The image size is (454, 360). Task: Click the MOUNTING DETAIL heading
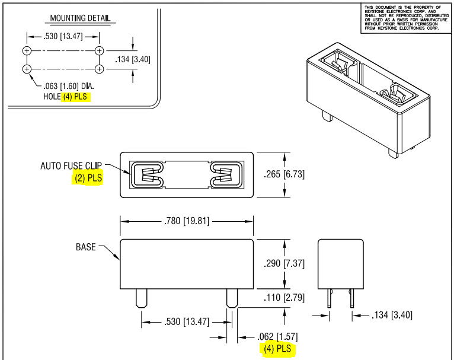80,18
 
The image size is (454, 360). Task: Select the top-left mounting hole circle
27,50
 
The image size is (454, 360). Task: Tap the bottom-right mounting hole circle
99,69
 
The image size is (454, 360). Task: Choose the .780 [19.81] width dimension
187,222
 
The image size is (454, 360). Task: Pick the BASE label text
86,247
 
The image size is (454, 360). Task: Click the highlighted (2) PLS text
88,177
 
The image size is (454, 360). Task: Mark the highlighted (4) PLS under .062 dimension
277,349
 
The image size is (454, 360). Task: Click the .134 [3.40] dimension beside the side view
391,314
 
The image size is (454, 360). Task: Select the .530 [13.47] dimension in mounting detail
63,37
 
